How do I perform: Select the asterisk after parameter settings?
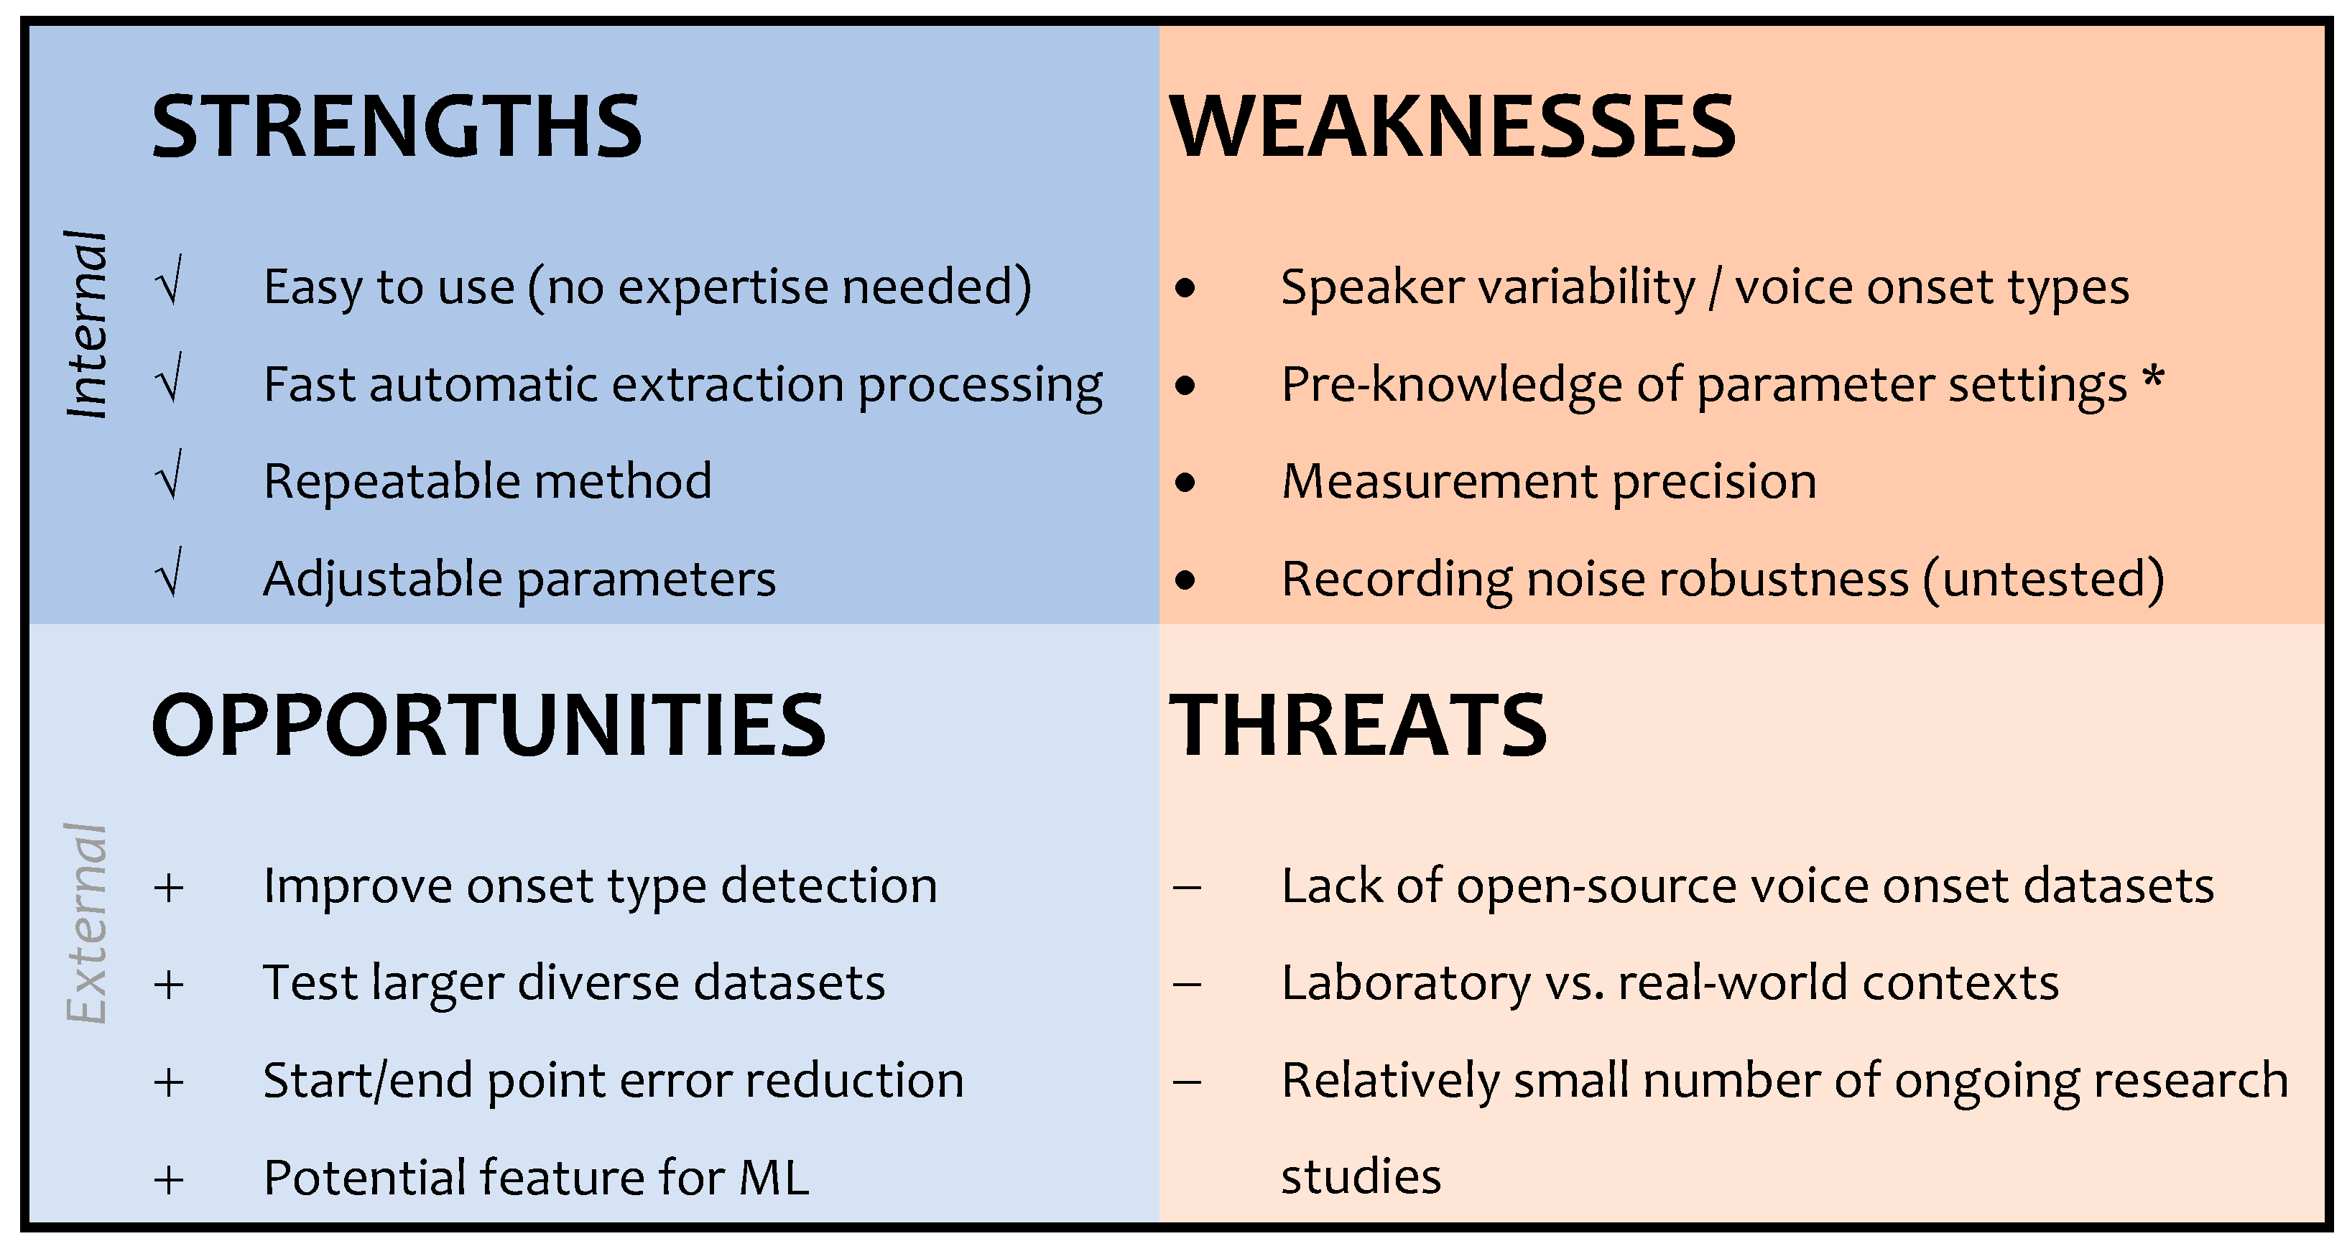tap(2152, 377)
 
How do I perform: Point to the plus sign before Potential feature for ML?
tap(170, 1180)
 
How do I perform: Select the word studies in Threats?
tap(1361, 1176)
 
